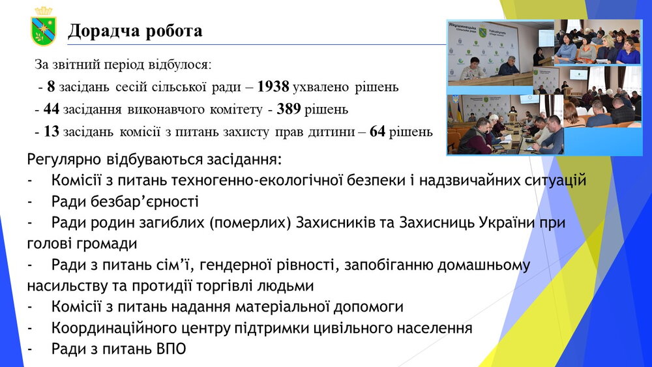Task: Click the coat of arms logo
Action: pyautogui.click(x=44, y=27)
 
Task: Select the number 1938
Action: pyautogui.click(x=273, y=87)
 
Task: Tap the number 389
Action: pyautogui.click(x=289, y=109)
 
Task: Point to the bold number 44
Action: pyautogui.click(x=51, y=109)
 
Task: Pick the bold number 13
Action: pyautogui.click(x=51, y=131)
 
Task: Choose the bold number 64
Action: pyautogui.click(x=377, y=131)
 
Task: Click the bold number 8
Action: pyautogui.click(x=51, y=87)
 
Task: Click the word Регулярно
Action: pyautogui.click(x=64, y=160)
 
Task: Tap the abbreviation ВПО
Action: pyautogui.click(x=171, y=349)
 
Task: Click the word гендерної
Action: pyautogui.click(x=233, y=265)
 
